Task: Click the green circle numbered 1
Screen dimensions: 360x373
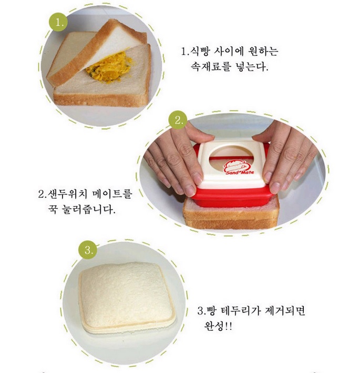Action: (58, 22)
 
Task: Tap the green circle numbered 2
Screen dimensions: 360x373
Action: (178, 120)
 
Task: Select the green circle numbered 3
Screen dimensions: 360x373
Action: (88, 250)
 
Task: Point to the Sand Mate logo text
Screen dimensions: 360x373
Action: (240, 172)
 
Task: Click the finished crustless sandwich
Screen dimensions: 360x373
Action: (127, 298)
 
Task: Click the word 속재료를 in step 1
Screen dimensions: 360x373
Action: (211, 67)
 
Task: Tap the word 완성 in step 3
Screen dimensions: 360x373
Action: (213, 326)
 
